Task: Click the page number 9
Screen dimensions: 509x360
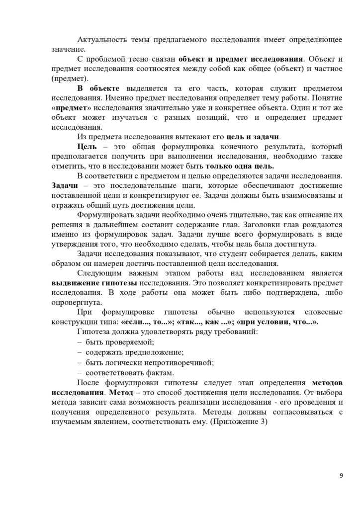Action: pos(341,476)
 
